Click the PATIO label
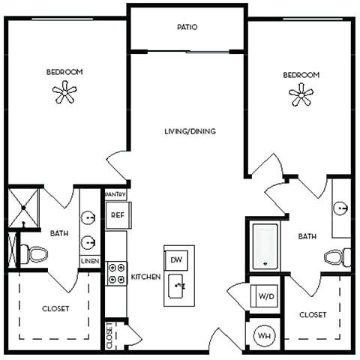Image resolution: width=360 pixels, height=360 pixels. [x=187, y=27]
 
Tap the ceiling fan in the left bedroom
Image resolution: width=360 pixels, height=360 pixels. [x=64, y=93]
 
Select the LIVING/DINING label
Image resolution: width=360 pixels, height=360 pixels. [x=190, y=131]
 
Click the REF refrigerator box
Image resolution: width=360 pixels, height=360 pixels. [x=116, y=215]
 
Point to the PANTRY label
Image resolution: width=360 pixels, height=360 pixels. [x=115, y=194]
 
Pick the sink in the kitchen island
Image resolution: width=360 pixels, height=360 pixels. [x=177, y=285]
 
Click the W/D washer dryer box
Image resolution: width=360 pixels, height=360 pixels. [x=265, y=296]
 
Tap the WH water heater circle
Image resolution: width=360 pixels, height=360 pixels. [x=264, y=335]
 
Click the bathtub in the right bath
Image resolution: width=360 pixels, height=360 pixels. [x=265, y=245]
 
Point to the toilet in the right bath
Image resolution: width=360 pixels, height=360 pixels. [x=337, y=257]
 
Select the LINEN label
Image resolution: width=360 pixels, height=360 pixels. [x=89, y=260]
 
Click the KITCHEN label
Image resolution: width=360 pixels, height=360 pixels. [x=146, y=277]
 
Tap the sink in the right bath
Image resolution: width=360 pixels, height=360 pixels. [x=341, y=208]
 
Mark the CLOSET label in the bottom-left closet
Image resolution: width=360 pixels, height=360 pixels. [x=55, y=308]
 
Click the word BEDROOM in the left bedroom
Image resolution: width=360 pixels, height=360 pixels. [x=64, y=72]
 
